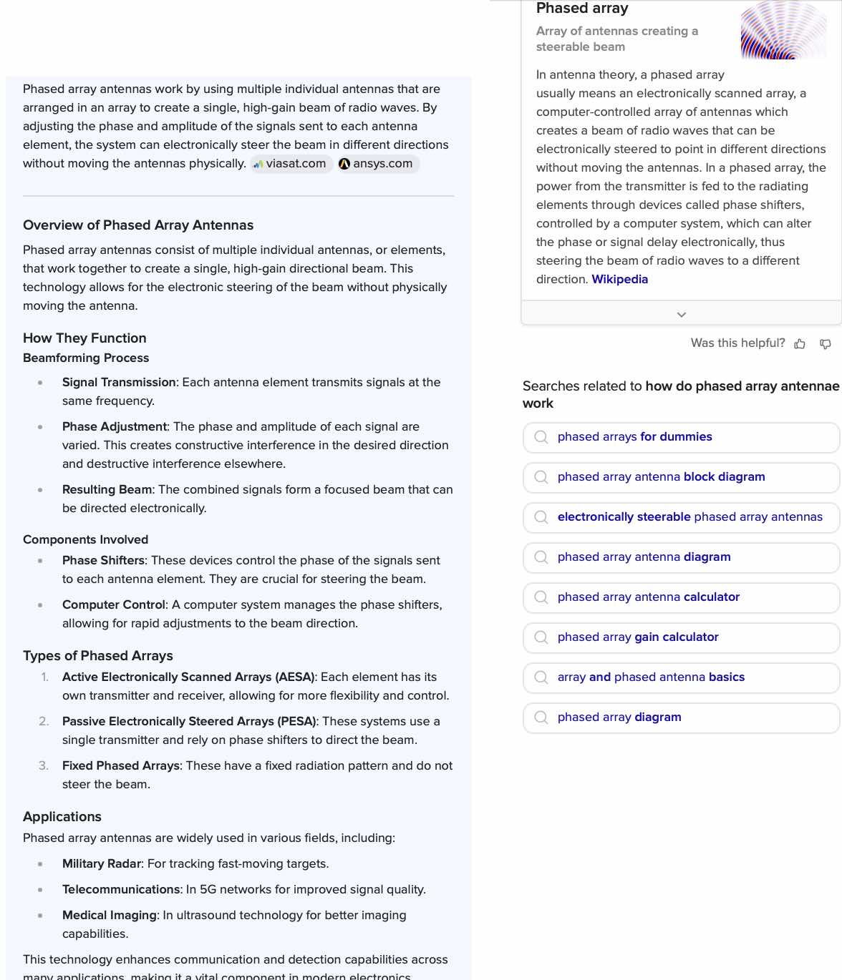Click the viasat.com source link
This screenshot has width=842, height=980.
click(x=291, y=164)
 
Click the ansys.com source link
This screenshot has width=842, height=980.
click(x=377, y=164)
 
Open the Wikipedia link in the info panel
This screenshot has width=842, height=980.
click(x=619, y=280)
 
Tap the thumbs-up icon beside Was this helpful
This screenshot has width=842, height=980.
click(x=800, y=344)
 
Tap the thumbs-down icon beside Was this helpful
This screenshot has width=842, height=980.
click(x=826, y=344)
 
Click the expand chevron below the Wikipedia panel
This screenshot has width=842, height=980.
click(x=682, y=315)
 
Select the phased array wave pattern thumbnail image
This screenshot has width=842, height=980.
click(x=783, y=30)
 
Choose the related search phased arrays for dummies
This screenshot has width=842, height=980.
click(x=634, y=437)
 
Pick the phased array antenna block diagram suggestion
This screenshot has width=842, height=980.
click(x=661, y=477)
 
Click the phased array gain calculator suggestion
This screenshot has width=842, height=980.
click(x=637, y=637)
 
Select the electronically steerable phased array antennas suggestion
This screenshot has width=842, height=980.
click(x=689, y=517)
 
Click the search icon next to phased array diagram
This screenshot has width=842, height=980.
click(x=541, y=717)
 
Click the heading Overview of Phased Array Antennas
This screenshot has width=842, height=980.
click(x=138, y=225)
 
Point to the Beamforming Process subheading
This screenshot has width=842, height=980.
click(x=86, y=358)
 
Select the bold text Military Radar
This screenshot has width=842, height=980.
click(x=102, y=864)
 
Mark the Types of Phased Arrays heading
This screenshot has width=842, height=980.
click(x=98, y=656)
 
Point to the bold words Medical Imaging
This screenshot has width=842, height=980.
click(x=109, y=916)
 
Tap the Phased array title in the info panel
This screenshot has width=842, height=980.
click(x=582, y=9)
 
